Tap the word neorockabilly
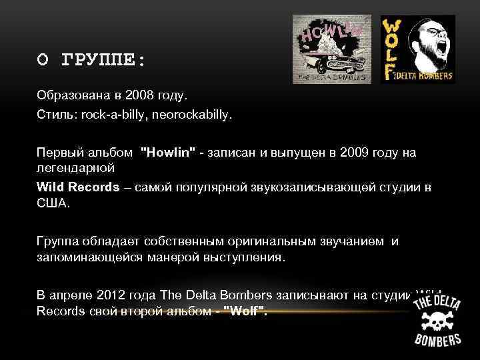[x=201, y=115]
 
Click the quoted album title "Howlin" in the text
[x=168, y=153]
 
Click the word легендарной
[x=75, y=167]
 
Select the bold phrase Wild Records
[x=78, y=187]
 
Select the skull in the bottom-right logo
[x=437, y=320]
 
